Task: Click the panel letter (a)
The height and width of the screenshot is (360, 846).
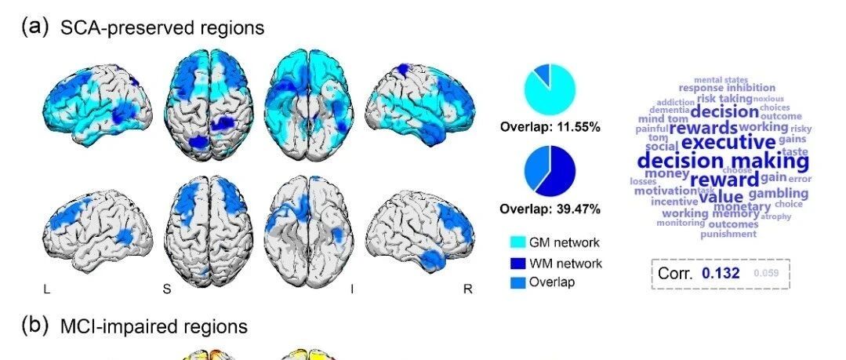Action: [36, 27]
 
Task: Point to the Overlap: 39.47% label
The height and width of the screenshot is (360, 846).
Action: [550, 209]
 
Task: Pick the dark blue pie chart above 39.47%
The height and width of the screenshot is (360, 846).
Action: [550, 173]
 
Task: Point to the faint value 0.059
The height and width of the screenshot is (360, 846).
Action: [764, 274]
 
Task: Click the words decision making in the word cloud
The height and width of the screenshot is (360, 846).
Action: [722, 162]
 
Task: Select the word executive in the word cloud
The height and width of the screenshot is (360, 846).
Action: [728, 142]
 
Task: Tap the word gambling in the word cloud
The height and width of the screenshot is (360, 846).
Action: [778, 193]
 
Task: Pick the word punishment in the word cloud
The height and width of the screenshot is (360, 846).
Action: [728, 234]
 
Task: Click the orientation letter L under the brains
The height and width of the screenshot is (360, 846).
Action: [47, 289]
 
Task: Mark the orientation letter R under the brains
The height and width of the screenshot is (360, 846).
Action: [468, 289]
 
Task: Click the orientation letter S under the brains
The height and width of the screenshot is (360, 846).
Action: [167, 289]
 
